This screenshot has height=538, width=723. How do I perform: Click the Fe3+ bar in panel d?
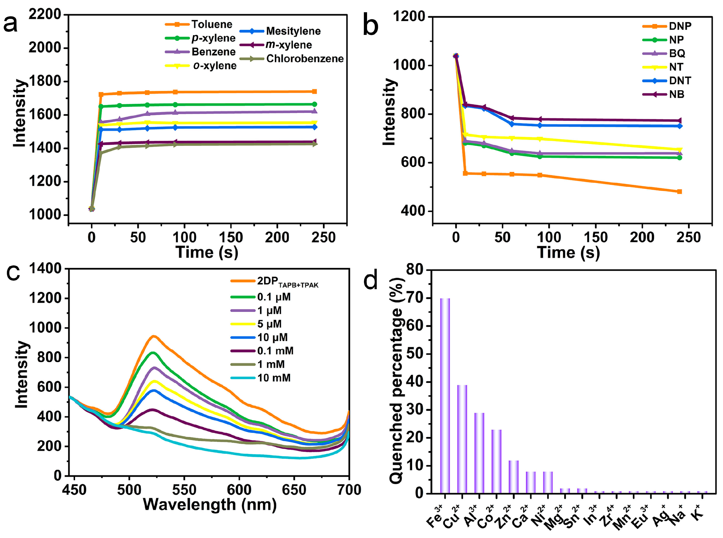point(445,396)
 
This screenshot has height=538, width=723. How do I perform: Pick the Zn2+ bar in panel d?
point(513,477)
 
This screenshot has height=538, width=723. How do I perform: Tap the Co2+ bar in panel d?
point(496,462)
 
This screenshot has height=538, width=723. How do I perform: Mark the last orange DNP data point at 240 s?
point(679,191)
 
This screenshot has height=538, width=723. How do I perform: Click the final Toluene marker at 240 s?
point(315,91)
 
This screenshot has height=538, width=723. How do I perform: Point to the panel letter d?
point(371,280)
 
